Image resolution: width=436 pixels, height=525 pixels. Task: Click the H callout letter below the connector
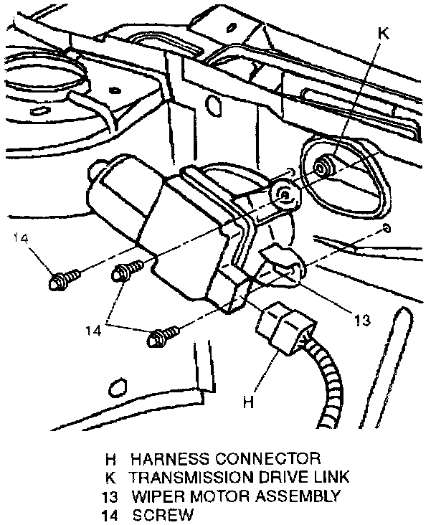pos(248,403)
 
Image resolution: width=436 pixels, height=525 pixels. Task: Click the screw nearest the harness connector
pos(161,334)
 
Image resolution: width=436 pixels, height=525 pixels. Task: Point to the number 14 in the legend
pos(108,514)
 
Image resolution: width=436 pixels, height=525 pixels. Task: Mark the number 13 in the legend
pos(108,495)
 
